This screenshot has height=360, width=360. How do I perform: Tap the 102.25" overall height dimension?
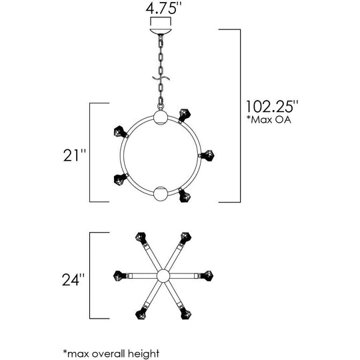[x=272, y=106]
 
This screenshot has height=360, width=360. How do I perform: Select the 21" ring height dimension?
[x=75, y=155]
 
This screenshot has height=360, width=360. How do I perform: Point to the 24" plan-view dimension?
[x=73, y=279]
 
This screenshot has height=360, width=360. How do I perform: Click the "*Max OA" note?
[x=269, y=120]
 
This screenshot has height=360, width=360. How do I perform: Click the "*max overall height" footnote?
[x=111, y=353]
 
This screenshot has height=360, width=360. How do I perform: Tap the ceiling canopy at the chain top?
[x=161, y=31]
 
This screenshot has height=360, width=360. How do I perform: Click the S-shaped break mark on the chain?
[x=161, y=78]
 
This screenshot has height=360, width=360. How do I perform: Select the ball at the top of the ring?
[x=161, y=117]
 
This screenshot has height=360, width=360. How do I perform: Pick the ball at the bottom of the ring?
[x=161, y=194]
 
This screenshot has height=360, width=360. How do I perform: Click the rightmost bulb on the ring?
[x=207, y=155]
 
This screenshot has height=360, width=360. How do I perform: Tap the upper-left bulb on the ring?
[x=120, y=132]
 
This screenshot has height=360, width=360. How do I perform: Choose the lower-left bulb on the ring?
[x=120, y=179]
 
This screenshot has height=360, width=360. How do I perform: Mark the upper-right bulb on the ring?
[x=185, y=115]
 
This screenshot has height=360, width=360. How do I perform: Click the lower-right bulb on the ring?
[x=185, y=195]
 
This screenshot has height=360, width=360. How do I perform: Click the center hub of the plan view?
[x=163, y=276]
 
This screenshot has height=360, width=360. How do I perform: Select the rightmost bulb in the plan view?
[x=206, y=276]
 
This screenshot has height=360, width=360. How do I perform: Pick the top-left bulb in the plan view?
[x=141, y=237]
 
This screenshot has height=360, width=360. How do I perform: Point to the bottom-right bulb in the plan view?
[x=186, y=313]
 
